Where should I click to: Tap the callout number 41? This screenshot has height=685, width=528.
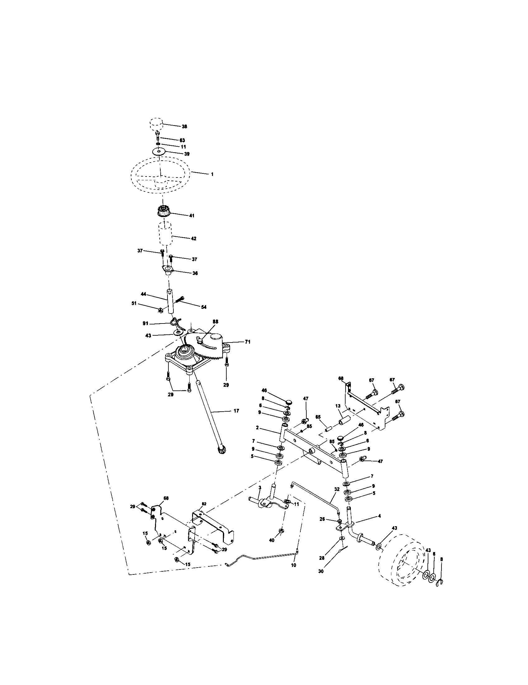[x=191, y=216]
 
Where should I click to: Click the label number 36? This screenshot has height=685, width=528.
[x=195, y=273]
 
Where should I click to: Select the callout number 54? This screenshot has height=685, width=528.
[x=204, y=307]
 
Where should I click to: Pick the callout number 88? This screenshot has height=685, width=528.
[x=215, y=322]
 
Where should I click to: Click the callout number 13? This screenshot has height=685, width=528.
[x=338, y=406]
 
